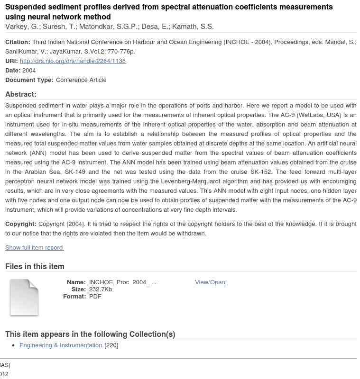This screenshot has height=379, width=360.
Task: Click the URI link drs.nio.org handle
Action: [73, 61]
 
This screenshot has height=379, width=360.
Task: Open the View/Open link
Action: [210, 282]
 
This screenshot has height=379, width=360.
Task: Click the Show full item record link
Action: [34, 248]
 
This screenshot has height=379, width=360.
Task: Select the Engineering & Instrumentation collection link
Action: [61, 345]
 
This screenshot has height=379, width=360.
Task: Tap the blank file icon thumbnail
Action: [24, 298]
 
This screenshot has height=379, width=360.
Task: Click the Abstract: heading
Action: [21, 94]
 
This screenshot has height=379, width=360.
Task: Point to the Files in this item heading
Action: [35, 267]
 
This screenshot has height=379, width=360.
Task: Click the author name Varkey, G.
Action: [22, 27]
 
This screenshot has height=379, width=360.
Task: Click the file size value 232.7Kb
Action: [101, 289]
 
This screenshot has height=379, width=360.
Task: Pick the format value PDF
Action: [95, 297]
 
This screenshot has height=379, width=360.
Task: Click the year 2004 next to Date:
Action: [29, 71]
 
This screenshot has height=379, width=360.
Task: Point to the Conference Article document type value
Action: [81, 80]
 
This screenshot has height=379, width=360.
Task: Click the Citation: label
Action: [18, 42]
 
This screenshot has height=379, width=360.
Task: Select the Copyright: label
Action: [21, 224]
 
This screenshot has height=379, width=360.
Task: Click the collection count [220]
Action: [111, 345]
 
